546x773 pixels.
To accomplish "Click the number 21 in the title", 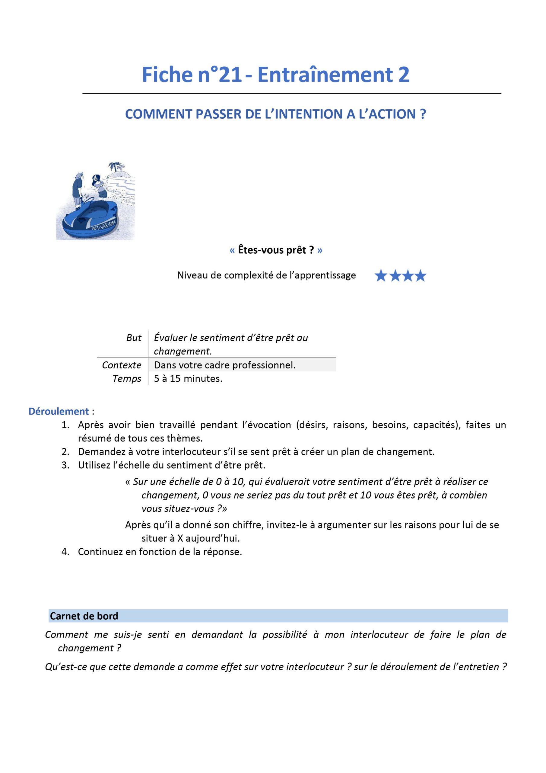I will pos(230,75).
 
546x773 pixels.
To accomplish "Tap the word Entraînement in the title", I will pos(325,75).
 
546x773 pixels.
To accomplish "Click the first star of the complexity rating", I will pos(380,276).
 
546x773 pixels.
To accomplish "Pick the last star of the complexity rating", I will pos(420,276).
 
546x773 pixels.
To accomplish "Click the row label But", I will pos(134,338).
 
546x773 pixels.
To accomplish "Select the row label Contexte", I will pos(122,365).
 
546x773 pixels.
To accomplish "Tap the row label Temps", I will pos(127,378).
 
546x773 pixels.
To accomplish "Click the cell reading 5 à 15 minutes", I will pos(188,378).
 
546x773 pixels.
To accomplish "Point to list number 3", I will pos(65,465).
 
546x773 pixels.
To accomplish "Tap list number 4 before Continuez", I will pos(65,551).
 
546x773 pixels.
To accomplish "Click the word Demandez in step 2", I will pos(100,451).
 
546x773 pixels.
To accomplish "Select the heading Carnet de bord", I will pos(84,616).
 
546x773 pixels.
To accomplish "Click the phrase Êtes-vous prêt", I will pos(275,250).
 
